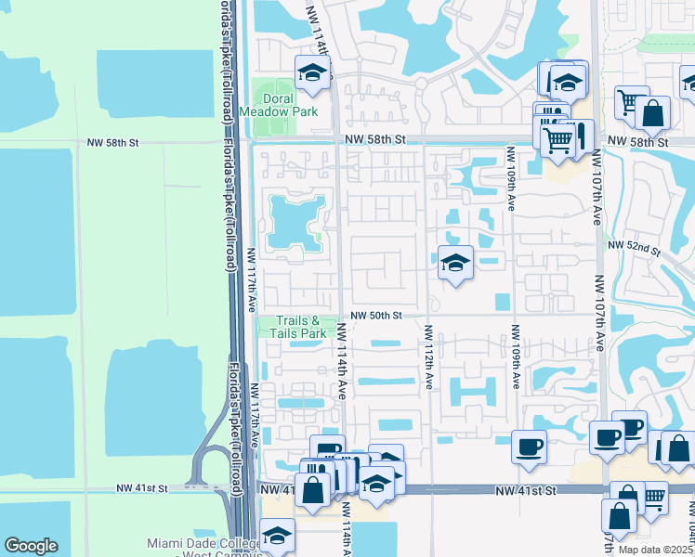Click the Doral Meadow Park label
(279, 105)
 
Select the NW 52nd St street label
(634, 247)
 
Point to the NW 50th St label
(376, 316)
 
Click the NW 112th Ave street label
(429, 356)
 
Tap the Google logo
(31, 546)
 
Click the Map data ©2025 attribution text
(656, 550)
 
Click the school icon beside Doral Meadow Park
(313, 73)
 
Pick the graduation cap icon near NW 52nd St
(455, 264)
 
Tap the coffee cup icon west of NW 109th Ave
(529, 447)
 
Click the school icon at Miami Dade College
(277, 536)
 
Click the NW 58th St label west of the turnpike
(112, 143)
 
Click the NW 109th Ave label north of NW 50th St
(511, 179)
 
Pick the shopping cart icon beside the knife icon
(557, 140)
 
